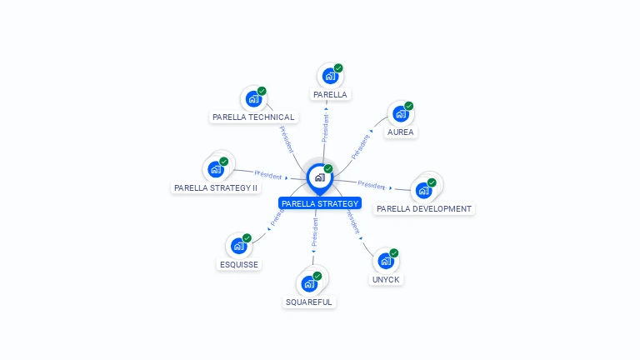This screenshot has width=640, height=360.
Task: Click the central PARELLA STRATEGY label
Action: [x=320, y=203]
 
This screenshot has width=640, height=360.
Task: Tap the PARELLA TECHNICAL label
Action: [x=253, y=117]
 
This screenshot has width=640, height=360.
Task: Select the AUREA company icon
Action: [x=401, y=114]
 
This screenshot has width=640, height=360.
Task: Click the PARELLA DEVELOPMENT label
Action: [x=423, y=209]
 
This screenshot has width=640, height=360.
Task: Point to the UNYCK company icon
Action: [x=386, y=261]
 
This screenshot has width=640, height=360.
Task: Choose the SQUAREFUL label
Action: [x=308, y=302]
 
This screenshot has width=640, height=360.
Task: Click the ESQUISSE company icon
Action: [x=239, y=246]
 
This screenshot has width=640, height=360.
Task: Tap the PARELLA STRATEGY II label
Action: [x=216, y=188]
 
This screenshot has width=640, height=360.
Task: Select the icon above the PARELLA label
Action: [x=330, y=77]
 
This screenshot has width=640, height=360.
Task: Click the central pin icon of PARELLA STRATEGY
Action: [x=319, y=177]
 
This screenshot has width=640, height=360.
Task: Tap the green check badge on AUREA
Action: [x=409, y=106]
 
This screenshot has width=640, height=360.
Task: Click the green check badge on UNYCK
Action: [x=394, y=252]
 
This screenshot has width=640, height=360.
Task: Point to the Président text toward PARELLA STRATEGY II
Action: [x=268, y=175]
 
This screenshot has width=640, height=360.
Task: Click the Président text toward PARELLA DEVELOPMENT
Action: [x=371, y=185]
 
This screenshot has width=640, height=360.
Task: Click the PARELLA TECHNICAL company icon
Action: [x=253, y=99]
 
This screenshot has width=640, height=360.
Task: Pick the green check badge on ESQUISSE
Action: [x=247, y=237]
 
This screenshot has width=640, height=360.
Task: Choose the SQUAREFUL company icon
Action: [x=309, y=283]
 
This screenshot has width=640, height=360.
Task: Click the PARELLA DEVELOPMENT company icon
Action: [x=423, y=190]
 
